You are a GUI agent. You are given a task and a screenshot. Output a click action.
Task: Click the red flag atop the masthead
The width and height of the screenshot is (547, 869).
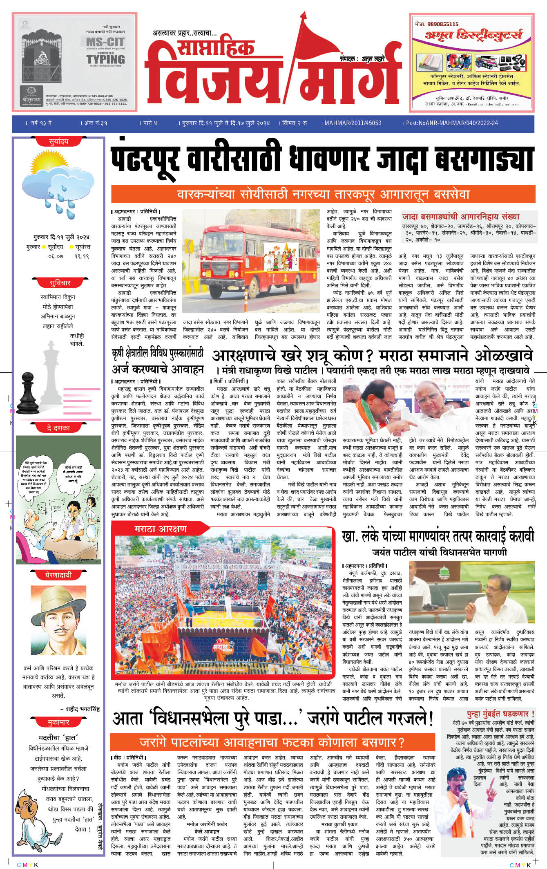click(x=323, y=39)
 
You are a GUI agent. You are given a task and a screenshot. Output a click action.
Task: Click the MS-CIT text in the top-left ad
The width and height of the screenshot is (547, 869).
click(x=105, y=42)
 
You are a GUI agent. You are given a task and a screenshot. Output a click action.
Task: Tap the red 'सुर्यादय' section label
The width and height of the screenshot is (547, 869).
click(x=58, y=142)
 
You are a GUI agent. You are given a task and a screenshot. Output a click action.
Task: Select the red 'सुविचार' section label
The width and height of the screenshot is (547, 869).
click(x=60, y=283)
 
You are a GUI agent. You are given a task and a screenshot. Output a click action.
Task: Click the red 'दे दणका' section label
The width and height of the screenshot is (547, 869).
click(x=58, y=428)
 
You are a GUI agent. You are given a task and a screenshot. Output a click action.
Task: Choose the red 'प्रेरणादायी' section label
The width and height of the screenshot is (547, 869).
click(x=58, y=575)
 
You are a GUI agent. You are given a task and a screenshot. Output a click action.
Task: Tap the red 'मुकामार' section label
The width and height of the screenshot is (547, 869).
click(x=58, y=722)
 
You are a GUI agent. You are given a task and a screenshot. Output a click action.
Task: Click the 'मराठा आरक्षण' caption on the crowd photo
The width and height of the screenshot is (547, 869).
click(x=161, y=529)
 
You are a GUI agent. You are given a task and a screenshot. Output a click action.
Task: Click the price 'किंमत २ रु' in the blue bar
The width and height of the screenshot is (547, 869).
click(x=295, y=123)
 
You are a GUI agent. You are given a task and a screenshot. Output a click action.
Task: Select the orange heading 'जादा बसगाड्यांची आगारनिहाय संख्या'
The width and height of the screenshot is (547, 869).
click(x=461, y=217)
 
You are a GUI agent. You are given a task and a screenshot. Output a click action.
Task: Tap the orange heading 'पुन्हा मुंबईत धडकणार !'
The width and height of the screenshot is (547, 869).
click(x=500, y=714)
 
